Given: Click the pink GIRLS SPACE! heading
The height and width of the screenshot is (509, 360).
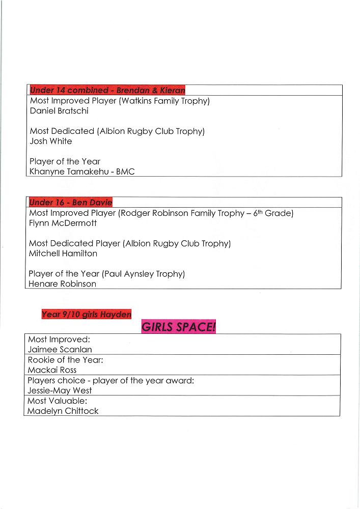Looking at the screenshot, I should pos(178,327).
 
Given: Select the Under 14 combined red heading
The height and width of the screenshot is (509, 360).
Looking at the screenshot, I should pos(107,90).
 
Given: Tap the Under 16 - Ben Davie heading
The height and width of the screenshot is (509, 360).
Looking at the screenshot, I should pos(70,203).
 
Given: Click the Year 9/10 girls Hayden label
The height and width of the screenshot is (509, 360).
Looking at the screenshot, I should pos(86,315).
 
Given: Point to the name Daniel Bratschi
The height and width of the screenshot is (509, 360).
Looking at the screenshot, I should pos(59,111).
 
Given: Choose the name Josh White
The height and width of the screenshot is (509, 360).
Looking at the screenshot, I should pos(51,142).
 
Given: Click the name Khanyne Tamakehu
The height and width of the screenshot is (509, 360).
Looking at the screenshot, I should pos(68,172).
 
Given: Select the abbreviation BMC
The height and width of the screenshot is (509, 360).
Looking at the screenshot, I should pos(125,172).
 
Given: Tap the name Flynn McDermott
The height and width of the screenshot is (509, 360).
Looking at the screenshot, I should pos(63,223).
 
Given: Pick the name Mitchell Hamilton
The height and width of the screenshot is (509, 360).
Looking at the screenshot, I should pos(63,253).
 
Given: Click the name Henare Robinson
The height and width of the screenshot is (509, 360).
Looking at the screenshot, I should pos(62,284).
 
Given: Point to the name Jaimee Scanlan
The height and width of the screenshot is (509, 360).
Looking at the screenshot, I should pos(60,350).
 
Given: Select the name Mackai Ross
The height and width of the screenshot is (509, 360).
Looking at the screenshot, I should pos(52,370).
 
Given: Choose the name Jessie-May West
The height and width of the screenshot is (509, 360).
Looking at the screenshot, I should pos(60,390).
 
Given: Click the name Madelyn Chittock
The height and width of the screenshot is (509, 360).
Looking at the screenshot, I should pos(63,411).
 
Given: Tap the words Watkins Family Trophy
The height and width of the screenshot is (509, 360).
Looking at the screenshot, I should pos(163,101).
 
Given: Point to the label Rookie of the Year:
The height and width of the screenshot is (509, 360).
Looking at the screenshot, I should pos(65,360).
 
